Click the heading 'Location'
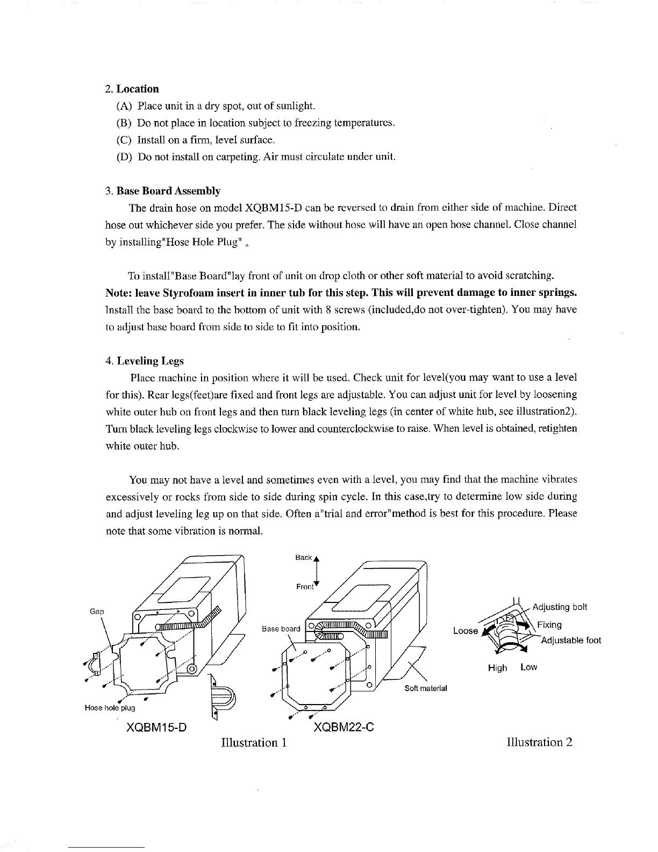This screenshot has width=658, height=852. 138,89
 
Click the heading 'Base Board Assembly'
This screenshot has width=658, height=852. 168,191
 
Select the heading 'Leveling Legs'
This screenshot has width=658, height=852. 150,361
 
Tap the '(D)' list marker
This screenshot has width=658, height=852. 124,157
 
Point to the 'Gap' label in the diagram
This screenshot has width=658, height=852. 97,611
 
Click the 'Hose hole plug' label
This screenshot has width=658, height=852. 110,708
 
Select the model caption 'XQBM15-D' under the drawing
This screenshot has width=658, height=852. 156,727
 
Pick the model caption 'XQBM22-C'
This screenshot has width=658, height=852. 344,727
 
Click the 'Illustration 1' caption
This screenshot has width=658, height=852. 254,742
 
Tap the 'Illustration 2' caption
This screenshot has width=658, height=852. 540,742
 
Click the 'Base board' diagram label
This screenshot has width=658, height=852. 281,629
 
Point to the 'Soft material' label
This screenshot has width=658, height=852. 426,688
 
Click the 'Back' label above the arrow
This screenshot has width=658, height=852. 303,558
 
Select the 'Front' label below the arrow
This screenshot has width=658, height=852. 305,587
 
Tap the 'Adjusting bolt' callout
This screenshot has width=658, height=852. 560,607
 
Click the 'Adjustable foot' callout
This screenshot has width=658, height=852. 571,640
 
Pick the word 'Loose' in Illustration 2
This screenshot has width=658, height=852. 466,631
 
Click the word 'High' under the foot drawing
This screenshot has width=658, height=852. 497,668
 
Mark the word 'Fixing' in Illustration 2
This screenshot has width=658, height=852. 549,625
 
